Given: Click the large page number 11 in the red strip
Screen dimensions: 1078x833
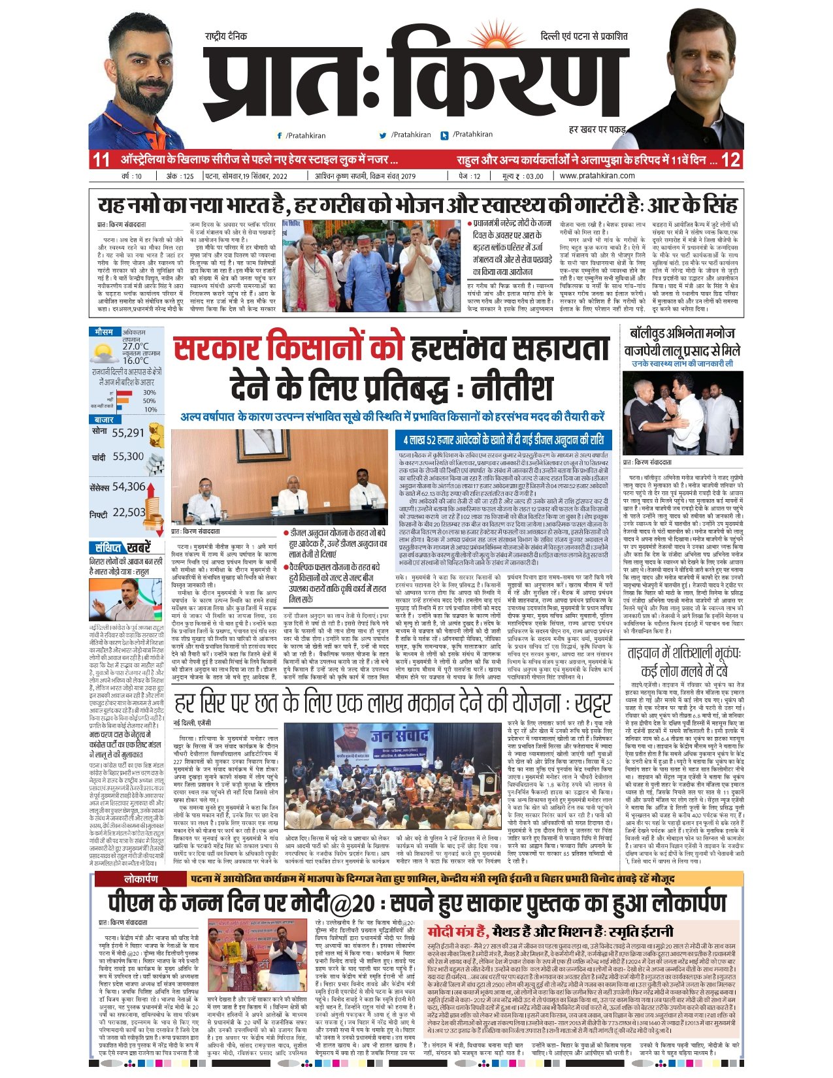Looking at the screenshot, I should pyautogui.click(x=101, y=159).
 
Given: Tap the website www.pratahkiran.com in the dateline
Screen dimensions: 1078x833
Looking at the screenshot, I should pyautogui.click(x=596, y=176).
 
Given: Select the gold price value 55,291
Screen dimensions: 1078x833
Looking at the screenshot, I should pyautogui.click(x=127, y=433).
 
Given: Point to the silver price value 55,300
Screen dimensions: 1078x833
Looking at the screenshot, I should pyautogui.click(x=127, y=457).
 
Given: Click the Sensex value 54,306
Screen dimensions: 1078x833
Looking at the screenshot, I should pyautogui.click(x=128, y=487).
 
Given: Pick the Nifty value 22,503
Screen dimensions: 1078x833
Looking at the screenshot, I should pyautogui.click(x=128, y=513).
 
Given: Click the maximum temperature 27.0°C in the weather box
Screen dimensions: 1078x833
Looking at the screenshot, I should pyautogui.click(x=135, y=346).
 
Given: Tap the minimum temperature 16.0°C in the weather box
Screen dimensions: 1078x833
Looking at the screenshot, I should pyautogui.click(x=135, y=360).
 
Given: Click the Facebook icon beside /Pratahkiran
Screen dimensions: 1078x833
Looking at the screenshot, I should pyautogui.click(x=280, y=135).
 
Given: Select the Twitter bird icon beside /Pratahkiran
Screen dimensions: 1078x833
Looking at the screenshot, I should pyautogui.click(x=383, y=135).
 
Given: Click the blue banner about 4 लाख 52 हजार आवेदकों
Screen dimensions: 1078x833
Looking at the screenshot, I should pyautogui.click(x=503, y=439).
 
